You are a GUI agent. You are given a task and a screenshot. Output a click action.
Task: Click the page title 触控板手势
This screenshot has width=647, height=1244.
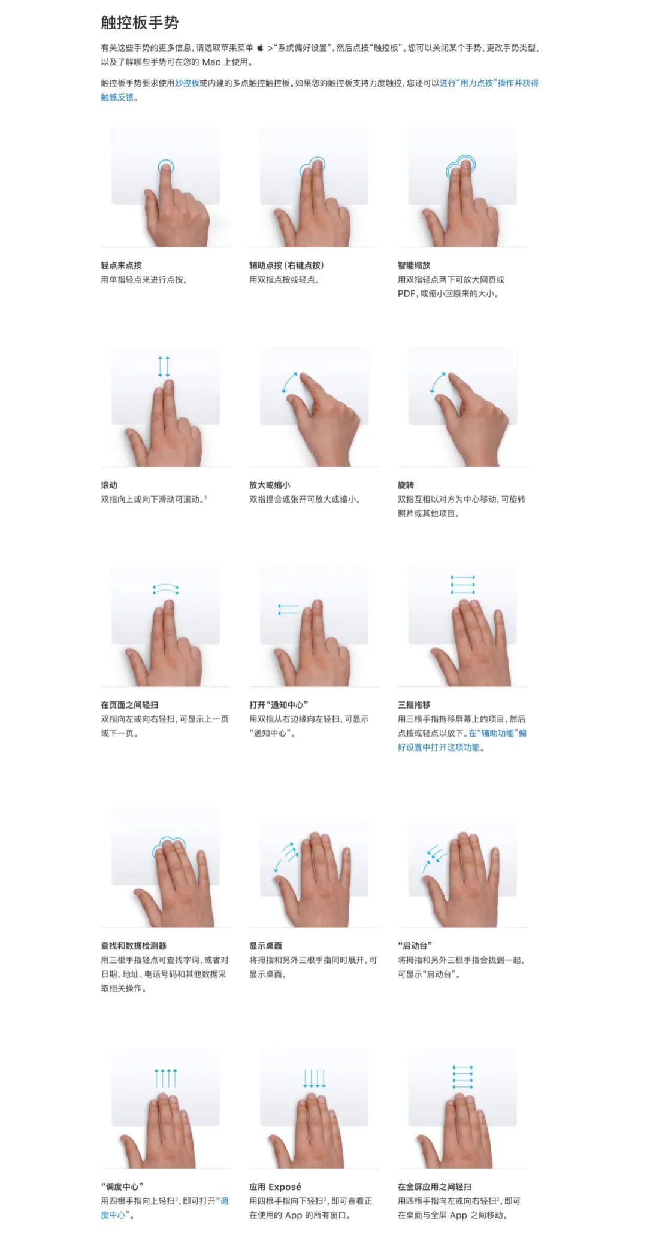(x=140, y=23)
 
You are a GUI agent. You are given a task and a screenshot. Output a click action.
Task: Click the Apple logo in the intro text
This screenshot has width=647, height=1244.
(x=261, y=48)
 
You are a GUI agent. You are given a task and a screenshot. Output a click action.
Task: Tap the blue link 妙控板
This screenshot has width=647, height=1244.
(x=187, y=83)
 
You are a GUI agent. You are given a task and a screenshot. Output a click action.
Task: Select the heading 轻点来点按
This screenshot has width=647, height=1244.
(x=121, y=265)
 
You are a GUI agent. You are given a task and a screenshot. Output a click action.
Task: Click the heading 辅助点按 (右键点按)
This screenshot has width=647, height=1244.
(x=286, y=265)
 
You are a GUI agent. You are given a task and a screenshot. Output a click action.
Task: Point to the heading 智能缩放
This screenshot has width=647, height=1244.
(x=414, y=265)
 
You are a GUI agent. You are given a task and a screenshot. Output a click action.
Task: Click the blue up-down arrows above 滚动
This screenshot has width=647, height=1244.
(x=164, y=367)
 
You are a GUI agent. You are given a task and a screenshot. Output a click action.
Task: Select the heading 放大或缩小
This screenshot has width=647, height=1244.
(x=270, y=485)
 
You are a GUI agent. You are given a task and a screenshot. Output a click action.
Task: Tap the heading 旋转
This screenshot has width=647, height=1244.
(x=406, y=485)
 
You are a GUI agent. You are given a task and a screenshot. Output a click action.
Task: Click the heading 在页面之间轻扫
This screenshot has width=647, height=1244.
(x=129, y=705)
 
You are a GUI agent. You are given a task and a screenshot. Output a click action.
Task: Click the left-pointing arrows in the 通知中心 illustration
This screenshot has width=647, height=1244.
(x=288, y=610)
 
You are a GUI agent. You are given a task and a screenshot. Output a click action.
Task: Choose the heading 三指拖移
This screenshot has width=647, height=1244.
(x=414, y=705)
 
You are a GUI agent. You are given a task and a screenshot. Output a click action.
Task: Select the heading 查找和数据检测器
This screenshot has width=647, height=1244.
(x=134, y=946)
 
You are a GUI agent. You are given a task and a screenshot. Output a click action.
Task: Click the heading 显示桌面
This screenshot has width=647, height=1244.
(x=265, y=946)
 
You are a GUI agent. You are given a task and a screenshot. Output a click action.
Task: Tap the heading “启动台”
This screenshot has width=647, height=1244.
(x=415, y=946)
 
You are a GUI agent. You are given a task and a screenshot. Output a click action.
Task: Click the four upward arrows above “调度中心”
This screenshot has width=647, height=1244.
(x=165, y=1078)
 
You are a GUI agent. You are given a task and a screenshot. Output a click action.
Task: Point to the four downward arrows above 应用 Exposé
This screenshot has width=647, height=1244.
(x=314, y=1078)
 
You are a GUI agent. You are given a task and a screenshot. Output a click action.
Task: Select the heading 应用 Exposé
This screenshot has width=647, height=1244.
(x=275, y=1187)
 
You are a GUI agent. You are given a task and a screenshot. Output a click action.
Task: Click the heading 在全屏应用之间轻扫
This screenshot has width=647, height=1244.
(x=434, y=1187)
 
